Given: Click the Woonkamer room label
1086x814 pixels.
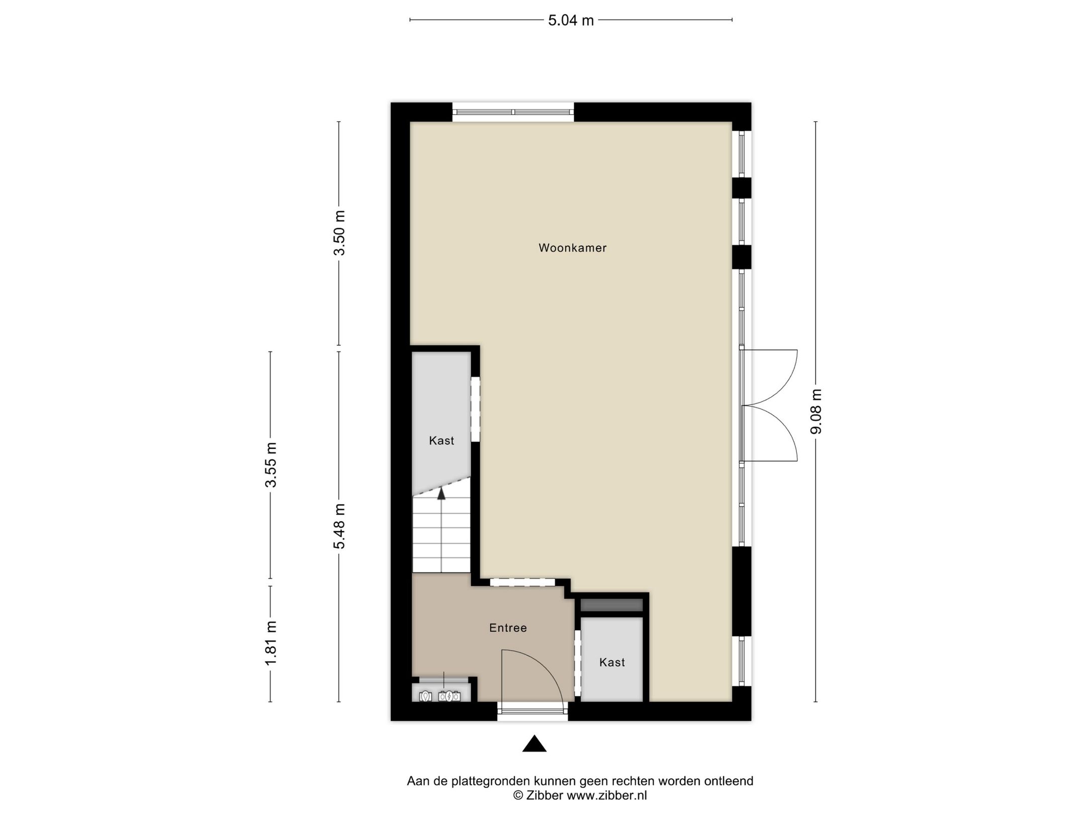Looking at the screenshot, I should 572,248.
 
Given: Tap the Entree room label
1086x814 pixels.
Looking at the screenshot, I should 508,628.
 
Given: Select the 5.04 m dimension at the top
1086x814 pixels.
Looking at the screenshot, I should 571,21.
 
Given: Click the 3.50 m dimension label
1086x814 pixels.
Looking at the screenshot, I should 340,233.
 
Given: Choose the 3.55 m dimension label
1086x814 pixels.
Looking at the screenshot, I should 271,465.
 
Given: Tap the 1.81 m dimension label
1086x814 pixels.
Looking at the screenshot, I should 271,643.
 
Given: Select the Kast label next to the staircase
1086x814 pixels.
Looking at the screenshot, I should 441,441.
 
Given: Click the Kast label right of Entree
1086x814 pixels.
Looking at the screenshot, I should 612,662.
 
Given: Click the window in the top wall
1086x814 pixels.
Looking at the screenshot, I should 513,112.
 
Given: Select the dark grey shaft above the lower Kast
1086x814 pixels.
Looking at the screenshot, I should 612,605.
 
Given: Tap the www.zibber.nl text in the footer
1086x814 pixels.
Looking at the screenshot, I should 607,795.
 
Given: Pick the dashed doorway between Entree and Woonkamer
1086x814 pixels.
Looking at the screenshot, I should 522,582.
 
